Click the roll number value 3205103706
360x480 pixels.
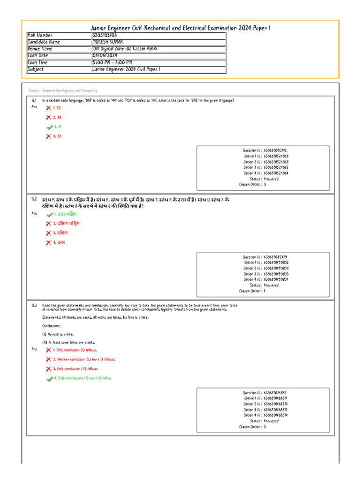[105, 35]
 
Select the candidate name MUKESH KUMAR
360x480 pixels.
[108, 42]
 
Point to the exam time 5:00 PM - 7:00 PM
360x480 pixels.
[112, 62]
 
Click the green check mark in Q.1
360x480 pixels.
[49, 127]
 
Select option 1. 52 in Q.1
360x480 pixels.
[57, 108]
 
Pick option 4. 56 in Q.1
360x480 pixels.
[57, 136]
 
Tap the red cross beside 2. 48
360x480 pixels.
[48, 118]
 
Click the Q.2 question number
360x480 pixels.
[34, 199]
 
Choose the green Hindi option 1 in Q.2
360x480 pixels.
[65, 214]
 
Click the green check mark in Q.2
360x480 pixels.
[49, 215]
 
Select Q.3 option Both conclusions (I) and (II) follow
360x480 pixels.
[83, 378]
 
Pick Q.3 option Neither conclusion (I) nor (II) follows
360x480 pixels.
[84, 360]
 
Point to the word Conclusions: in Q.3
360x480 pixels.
[52, 325]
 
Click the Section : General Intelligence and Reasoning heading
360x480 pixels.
[63, 90]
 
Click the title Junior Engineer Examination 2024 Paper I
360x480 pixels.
[180, 28]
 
